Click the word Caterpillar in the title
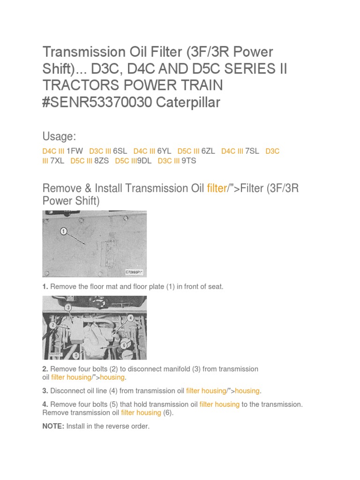187,102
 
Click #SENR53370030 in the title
97,102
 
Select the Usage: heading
59,136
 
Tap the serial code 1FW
75,151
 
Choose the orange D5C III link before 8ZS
81,161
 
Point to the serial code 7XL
57,161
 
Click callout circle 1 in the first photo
64,231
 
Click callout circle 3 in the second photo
68,307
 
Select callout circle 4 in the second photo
130,318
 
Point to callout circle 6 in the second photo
124,345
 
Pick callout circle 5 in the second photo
75,355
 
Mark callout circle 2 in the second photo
53,324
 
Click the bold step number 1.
45,286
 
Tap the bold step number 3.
45,390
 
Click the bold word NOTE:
53,426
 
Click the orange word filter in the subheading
217,188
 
